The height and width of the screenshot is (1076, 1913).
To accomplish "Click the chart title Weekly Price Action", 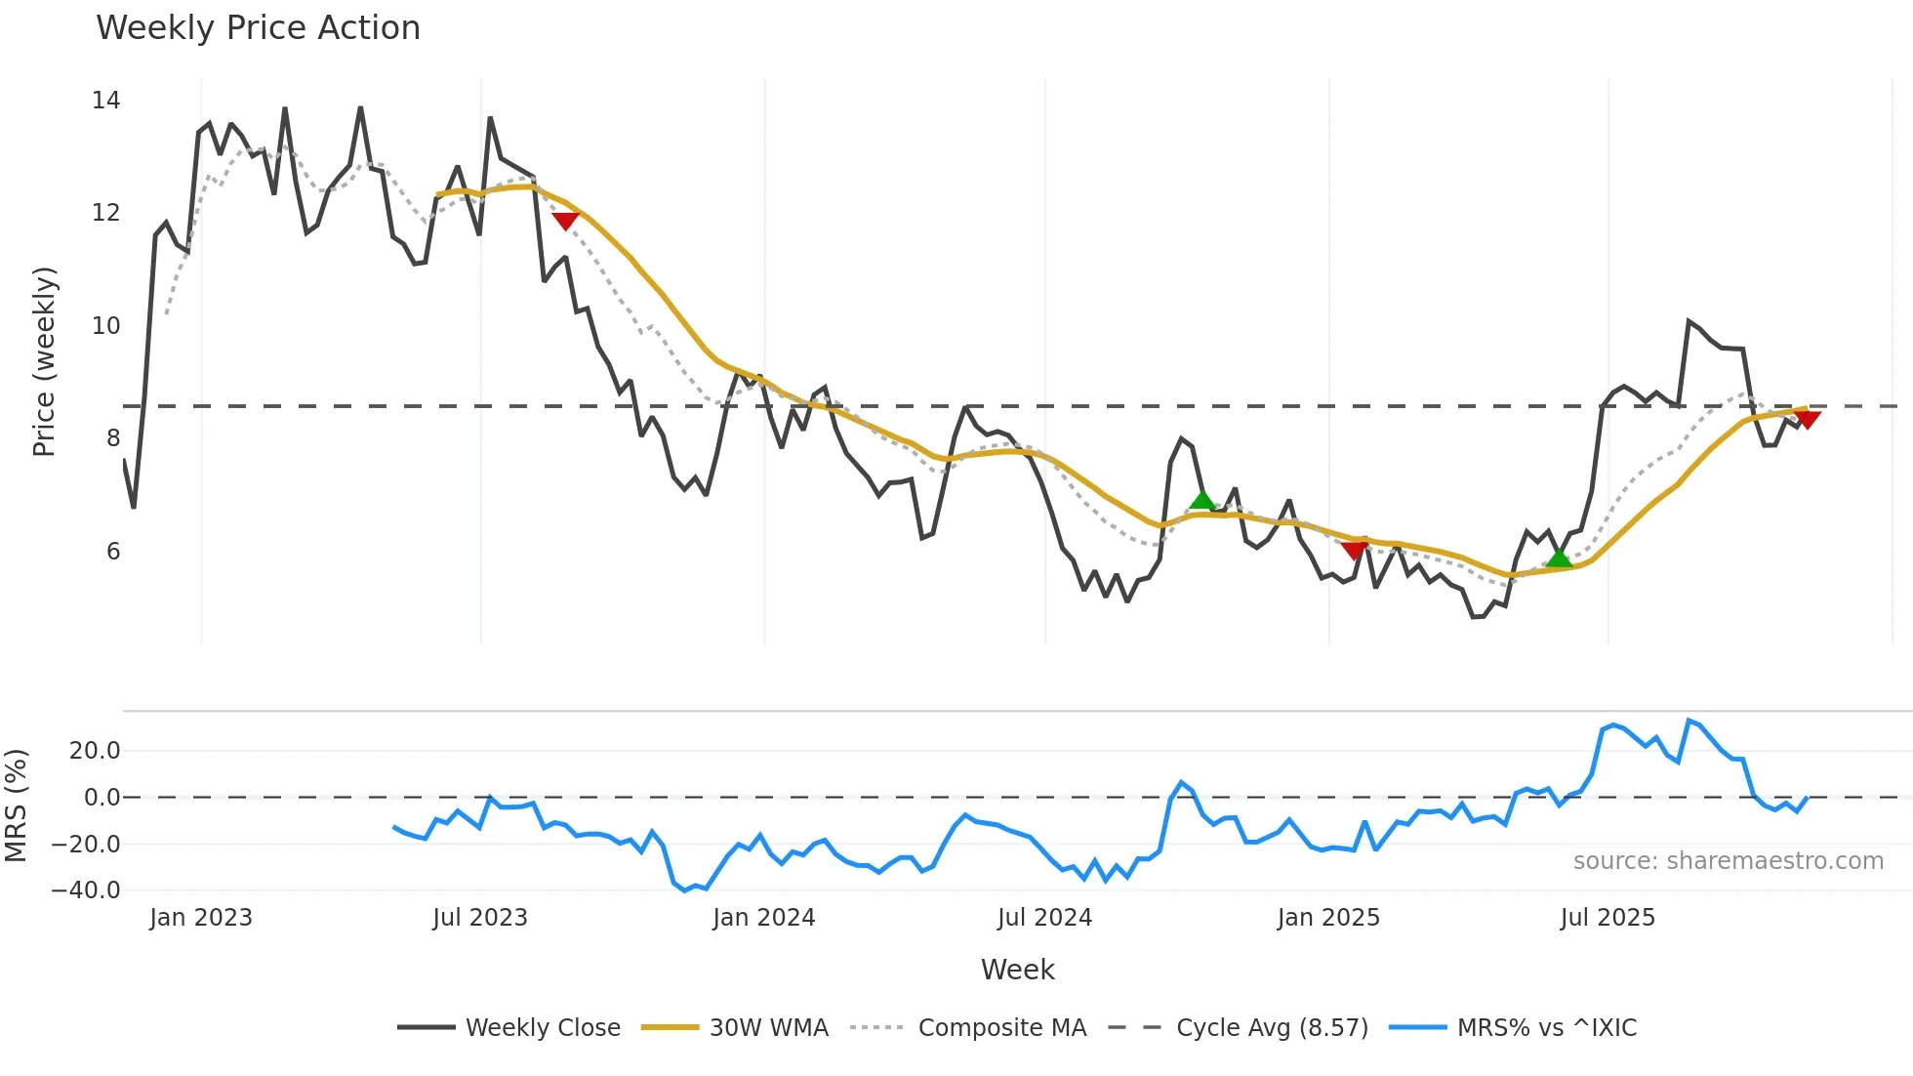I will click(258, 28).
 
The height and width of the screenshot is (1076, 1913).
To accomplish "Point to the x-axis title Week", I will click(1017, 970).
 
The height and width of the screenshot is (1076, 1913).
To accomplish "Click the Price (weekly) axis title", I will click(44, 361).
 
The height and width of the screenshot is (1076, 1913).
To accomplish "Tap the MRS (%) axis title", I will click(16, 806).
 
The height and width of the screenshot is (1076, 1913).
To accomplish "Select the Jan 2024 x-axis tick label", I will click(763, 918).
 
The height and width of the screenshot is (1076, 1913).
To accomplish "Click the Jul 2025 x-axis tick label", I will click(1607, 918).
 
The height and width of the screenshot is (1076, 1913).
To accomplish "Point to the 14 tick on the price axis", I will click(105, 101).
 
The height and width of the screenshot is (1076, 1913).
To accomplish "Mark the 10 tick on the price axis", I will click(105, 325).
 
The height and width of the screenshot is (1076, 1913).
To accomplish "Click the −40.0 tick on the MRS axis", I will click(86, 890).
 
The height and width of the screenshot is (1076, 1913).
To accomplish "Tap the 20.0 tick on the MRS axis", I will click(95, 751).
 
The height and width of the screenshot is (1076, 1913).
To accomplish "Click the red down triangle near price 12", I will click(565, 221).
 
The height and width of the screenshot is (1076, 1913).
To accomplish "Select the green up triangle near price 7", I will click(1202, 500).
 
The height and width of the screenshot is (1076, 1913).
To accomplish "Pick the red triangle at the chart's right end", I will click(1808, 419).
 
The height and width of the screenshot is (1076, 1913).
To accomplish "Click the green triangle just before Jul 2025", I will click(1559, 558).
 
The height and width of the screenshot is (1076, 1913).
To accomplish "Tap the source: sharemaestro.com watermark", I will click(1728, 861).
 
